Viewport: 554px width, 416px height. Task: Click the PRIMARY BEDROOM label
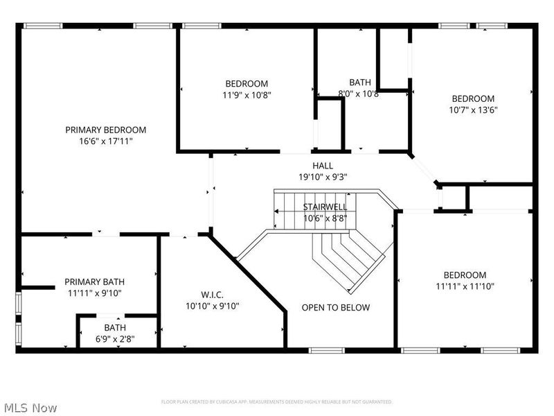tap(106, 130)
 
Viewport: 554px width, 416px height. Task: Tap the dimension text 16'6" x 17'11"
tap(106, 141)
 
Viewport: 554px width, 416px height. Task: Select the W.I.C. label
tap(212, 295)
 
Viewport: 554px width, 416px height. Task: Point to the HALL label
tap(322, 166)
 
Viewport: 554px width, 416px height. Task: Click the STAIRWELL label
tap(325, 207)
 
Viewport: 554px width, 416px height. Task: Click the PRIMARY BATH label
tap(95, 281)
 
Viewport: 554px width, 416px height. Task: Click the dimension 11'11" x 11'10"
tap(465, 286)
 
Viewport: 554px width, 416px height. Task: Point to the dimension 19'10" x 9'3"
tap(322, 177)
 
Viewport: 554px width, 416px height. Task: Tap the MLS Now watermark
tap(31, 408)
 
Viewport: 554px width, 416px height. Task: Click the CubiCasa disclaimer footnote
tap(277, 402)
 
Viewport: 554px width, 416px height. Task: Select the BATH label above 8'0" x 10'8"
tap(359, 83)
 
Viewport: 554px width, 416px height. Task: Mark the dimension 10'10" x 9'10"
tap(212, 306)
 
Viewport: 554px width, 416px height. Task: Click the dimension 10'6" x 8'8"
tap(325, 218)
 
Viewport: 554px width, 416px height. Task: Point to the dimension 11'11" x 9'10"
tap(95, 293)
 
